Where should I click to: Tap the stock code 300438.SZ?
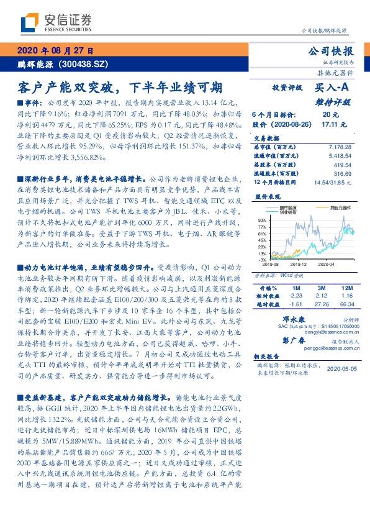[x=84, y=63]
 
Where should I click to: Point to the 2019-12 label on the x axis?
[x=297, y=263]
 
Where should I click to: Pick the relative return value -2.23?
[x=296, y=297]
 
